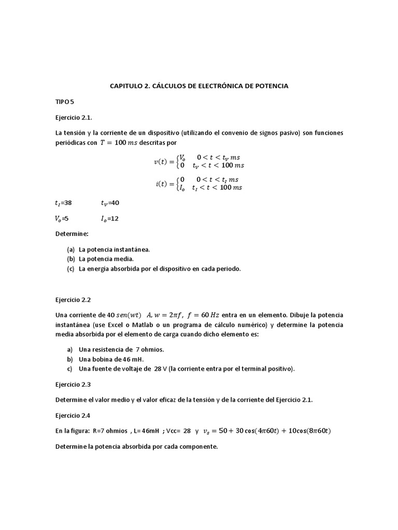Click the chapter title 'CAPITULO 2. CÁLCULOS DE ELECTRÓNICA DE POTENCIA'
(199, 86)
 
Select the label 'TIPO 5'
(65, 102)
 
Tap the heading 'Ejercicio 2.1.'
(73, 117)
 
